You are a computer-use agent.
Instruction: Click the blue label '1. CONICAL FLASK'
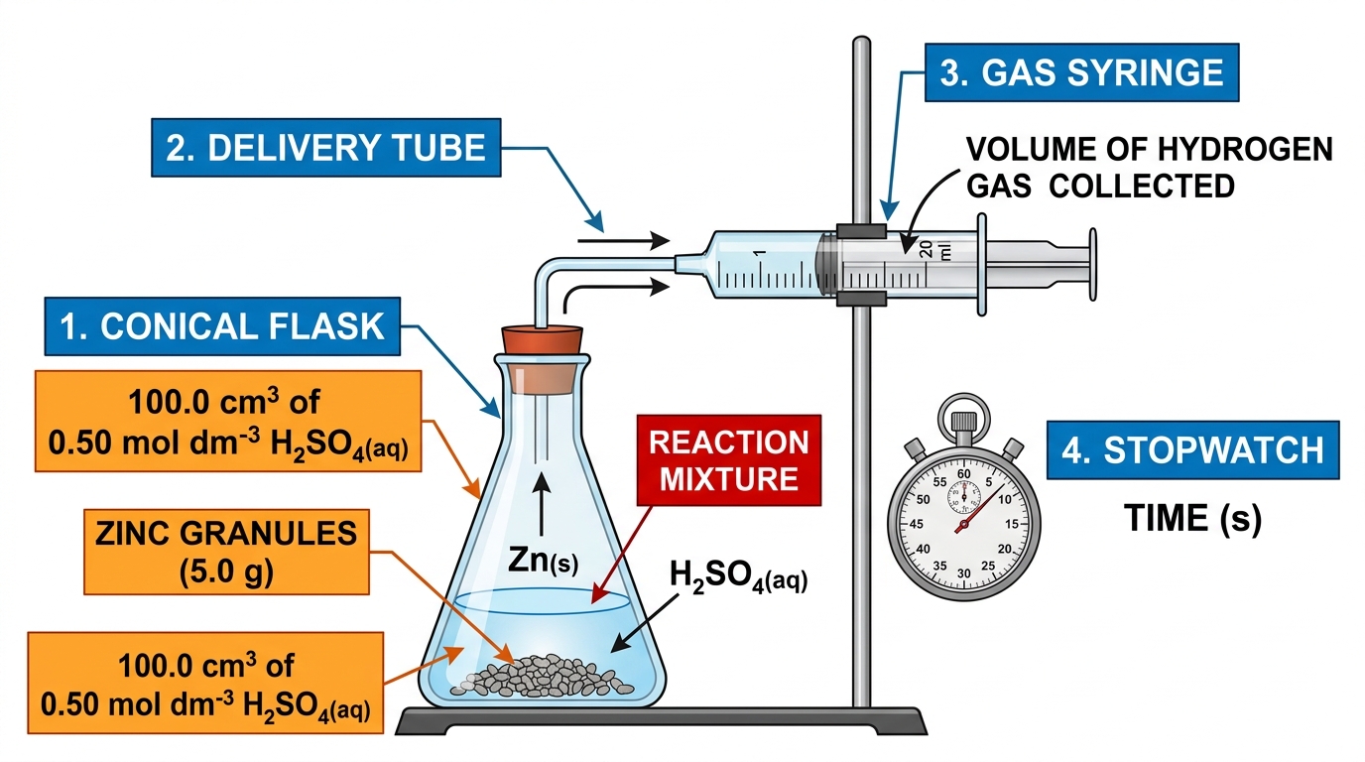point(222,326)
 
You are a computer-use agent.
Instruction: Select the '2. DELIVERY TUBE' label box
point(326,148)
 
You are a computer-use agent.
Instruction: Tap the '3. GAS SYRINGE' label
point(1081,72)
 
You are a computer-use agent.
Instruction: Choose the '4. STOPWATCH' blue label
point(1192,450)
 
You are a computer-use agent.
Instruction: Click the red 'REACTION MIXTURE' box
point(729,460)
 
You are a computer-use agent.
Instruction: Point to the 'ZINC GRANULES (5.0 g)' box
point(227,552)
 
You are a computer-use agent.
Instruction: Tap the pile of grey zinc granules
point(542,676)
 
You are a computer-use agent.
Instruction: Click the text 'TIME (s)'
point(1192,519)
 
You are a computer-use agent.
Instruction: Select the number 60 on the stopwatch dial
point(964,474)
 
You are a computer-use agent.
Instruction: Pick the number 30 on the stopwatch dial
point(964,573)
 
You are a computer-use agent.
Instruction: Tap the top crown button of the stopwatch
point(964,422)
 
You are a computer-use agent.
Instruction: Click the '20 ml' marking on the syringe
point(935,249)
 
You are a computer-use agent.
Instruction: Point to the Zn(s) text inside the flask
point(543,561)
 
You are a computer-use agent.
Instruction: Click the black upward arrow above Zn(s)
point(541,504)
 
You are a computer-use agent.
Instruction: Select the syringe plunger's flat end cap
point(1093,265)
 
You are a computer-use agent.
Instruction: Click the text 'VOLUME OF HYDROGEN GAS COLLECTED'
point(1150,168)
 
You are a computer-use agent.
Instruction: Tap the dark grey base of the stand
point(662,721)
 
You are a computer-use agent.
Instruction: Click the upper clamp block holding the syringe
point(861,231)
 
